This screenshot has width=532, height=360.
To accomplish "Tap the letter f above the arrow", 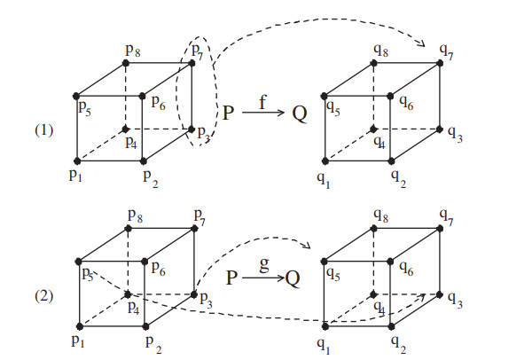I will [262, 101].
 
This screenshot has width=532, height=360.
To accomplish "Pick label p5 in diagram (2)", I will [87, 274].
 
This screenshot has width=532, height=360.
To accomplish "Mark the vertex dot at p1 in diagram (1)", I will [78, 162].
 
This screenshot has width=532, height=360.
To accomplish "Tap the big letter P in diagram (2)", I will [231, 278].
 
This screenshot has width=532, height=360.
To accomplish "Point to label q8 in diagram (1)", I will [382, 51].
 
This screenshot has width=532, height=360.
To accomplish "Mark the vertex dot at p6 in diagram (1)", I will [145, 94].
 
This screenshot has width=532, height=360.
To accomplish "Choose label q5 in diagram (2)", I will [333, 274].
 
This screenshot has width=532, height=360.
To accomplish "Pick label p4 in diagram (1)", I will [130, 142].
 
